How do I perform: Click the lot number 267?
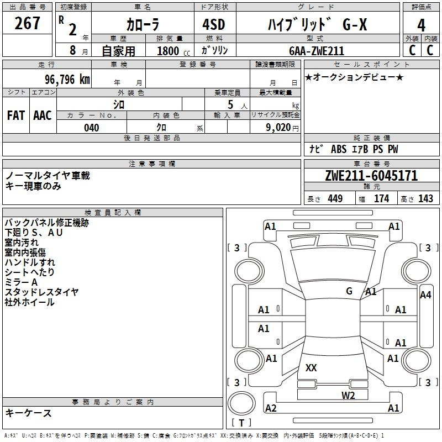click(x=27, y=23)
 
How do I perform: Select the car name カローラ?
click(x=143, y=24)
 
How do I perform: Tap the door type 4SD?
click(x=214, y=24)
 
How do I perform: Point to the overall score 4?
click(x=421, y=25)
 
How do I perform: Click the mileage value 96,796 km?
click(x=67, y=80)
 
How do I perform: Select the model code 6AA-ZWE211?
click(x=317, y=51)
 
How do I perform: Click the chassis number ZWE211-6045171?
click(x=371, y=176)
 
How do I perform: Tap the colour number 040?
click(x=92, y=128)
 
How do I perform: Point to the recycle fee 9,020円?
click(x=282, y=128)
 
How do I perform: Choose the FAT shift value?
click(x=16, y=115)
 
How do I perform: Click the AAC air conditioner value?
click(x=43, y=115)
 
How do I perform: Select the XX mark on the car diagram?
click(x=311, y=367)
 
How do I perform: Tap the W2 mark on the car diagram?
click(x=348, y=396)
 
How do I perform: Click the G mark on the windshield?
click(x=349, y=291)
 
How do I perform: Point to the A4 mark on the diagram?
click(x=425, y=295)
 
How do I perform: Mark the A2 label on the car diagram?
click(x=271, y=408)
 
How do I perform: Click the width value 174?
click(x=382, y=198)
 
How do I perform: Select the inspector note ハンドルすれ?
click(x=30, y=262)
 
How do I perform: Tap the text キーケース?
click(x=29, y=413)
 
